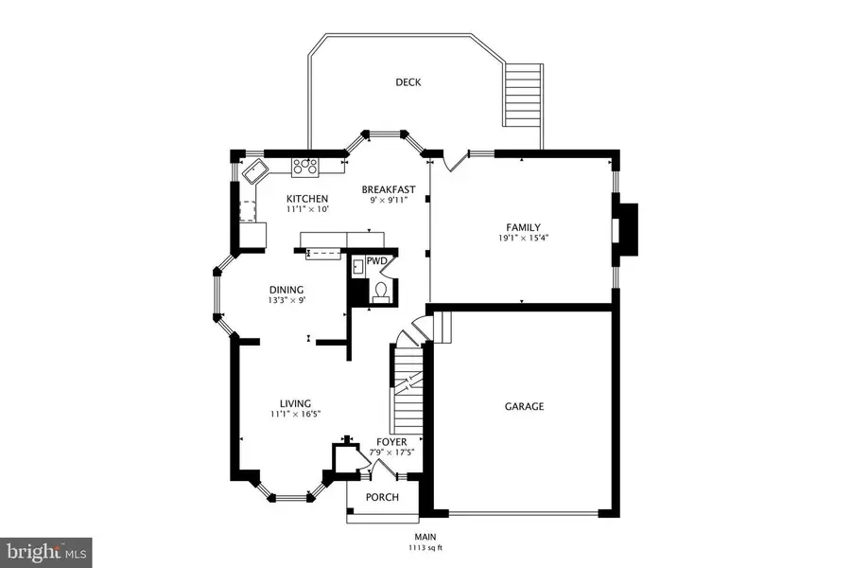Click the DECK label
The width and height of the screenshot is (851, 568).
[x=408, y=82]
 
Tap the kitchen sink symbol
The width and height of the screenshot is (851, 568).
[x=255, y=172]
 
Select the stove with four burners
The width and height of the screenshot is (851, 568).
[x=305, y=167]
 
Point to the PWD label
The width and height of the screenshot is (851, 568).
[x=377, y=259]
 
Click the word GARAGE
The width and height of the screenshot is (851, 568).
[x=523, y=406]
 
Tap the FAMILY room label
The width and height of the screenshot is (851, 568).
[x=523, y=227]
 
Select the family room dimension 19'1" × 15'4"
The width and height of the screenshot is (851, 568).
[x=523, y=239]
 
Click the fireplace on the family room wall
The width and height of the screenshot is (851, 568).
[x=625, y=229]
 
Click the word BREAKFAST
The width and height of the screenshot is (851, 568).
[x=389, y=189]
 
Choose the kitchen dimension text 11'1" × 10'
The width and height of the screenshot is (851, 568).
[x=307, y=209]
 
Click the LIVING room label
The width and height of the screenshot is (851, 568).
[x=288, y=403]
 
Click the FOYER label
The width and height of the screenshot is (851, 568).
[x=391, y=441]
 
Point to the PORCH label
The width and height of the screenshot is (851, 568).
[x=382, y=498]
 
